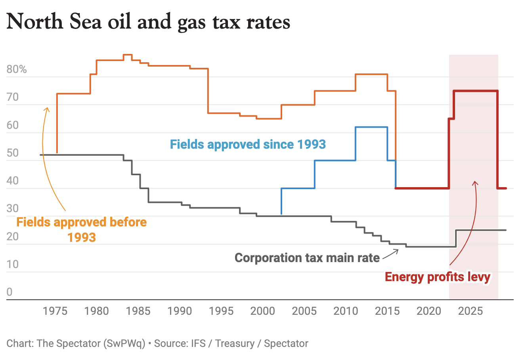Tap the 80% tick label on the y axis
pyautogui.click(x=17, y=70)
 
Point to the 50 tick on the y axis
pyautogui.click(x=13, y=153)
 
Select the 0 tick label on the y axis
pyautogui.click(x=10, y=292)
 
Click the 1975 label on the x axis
pyautogui.click(x=55, y=311)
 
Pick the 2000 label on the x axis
pyautogui.click(x=262, y=311)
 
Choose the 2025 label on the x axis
pyautogui.click(x=470, y=311)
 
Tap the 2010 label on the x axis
pyautogui.click(x=346, y=311)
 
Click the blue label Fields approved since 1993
pyautogui.click(x=248, y=144)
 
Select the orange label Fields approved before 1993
pyautogui.click(x=81, y=230)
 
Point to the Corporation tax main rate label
pyautogui.click(x=307, y=258)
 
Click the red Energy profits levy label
pyautogui.click(x=438, y=277)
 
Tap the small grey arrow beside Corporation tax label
pyautogui.click(x=392, y=254)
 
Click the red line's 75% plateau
pyautogui.click(x=476, y=91)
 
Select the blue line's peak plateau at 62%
pyautogui.click(x=371, y=127)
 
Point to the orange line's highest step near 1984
pyautogui.click(x=128, y=55)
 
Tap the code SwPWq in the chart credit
pyautogui.click(x=124, y=343)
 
